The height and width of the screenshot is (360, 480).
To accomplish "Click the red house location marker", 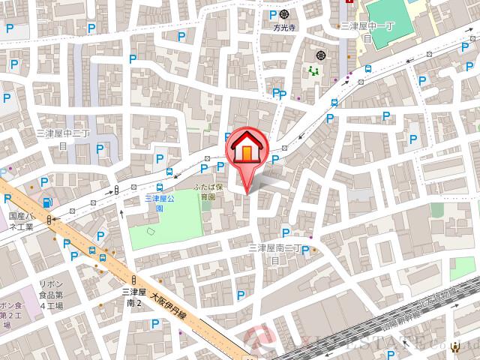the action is (246, 148).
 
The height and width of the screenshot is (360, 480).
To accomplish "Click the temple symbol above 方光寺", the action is (284, 13).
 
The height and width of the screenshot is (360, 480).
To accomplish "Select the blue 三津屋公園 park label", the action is (159, 203).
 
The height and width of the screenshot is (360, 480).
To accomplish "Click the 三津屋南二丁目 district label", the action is (274, 252).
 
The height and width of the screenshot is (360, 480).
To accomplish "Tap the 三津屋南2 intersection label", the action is (133, 298).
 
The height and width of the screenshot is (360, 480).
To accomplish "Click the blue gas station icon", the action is (48, 202).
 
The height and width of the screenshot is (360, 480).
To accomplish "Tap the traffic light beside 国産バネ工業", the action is (50, 219).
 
